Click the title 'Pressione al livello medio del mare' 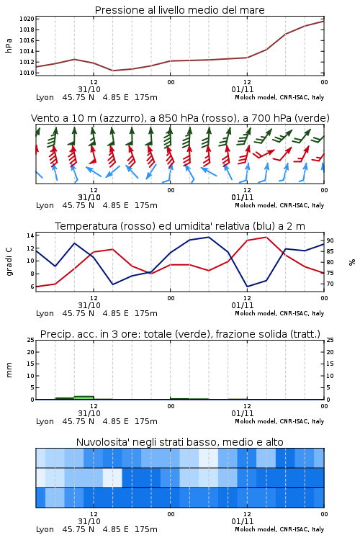[179, 10]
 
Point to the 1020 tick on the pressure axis [27, 19]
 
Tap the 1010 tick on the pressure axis [27, 73]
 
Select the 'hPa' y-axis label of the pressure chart [9, 45]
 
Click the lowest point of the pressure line [113, 71]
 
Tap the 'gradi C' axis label [9, 261]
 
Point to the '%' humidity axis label [352, 262]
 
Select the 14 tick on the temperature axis [30, 235]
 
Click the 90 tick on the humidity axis [330, 240]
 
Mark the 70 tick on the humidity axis [330, 284]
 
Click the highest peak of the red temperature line [266, 237]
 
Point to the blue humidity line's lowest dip [248, 287]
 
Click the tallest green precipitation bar [84, 397]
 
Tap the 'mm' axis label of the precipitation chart [9, 370]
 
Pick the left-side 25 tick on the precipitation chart [30, 340]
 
